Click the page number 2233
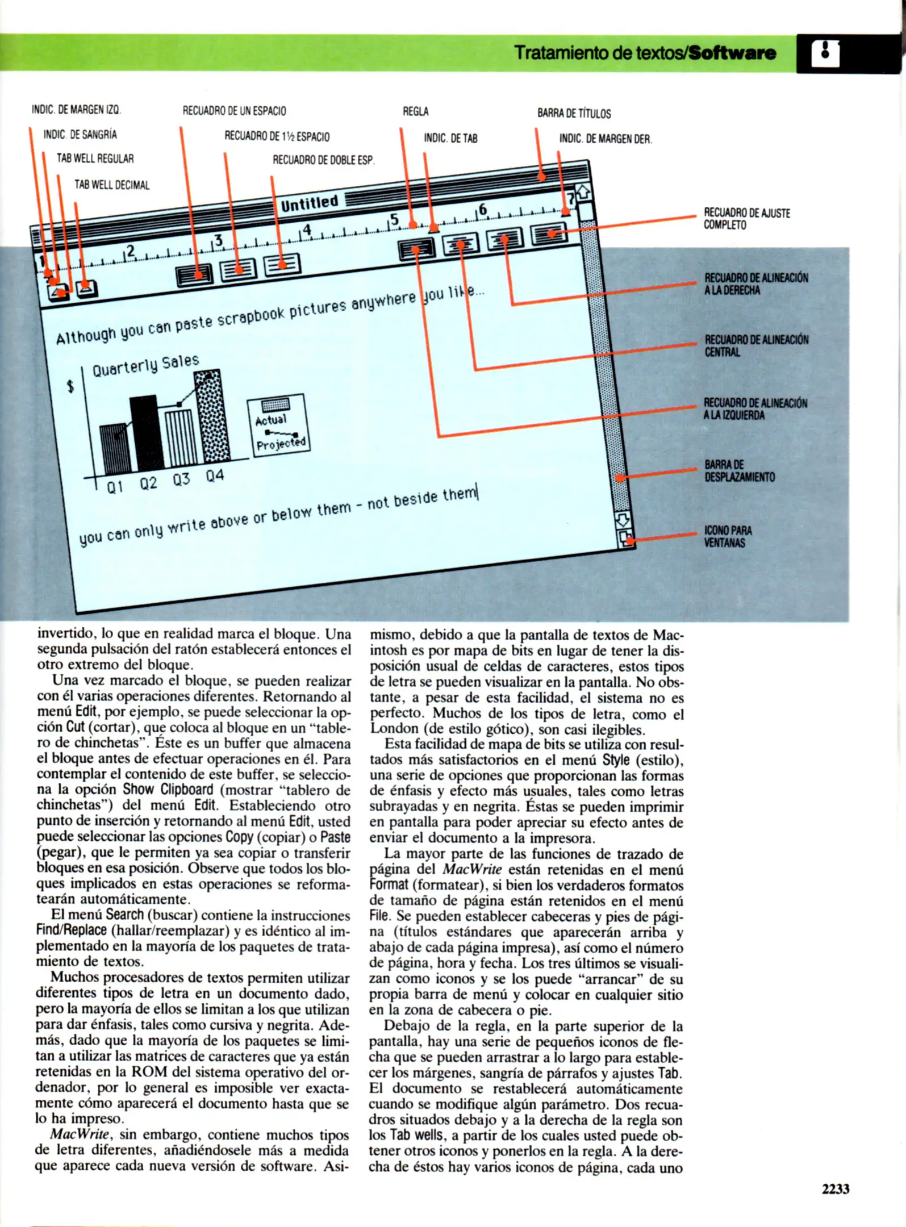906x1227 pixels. tap(834, 1189)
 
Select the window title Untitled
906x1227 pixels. tap(310, 203)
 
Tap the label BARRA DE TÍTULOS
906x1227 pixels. tap(574, 114)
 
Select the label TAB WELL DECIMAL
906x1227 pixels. tap(112, 185)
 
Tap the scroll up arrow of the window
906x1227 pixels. tap(583, 193)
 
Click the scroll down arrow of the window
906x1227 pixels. tap(623, 519)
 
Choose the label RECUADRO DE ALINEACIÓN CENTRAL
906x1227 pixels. tap(755, 346)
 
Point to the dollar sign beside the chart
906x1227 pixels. tap(70, 387)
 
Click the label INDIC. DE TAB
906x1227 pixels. tap(450, 138)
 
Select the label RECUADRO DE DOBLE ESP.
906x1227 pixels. tap(323, 160)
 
